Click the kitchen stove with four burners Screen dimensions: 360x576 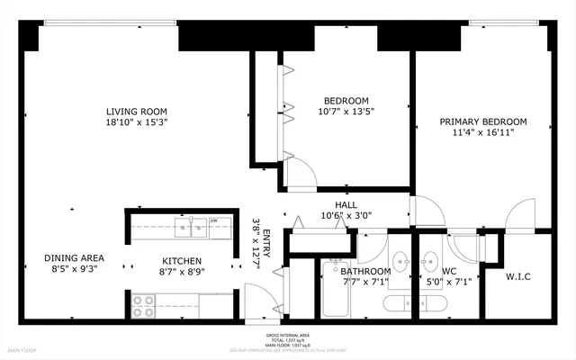tap(143, 306)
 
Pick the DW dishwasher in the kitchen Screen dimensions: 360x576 tap(214, 220)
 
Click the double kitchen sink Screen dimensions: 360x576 tap(192, 227)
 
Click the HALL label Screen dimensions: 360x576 tap(346, 204)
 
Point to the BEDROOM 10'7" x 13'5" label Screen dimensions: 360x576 tap(346, 106)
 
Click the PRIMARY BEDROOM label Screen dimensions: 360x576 tap(482, 121)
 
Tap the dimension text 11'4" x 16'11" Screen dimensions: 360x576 tap(482, 134)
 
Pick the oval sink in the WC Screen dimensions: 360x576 tap(430, 262)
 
